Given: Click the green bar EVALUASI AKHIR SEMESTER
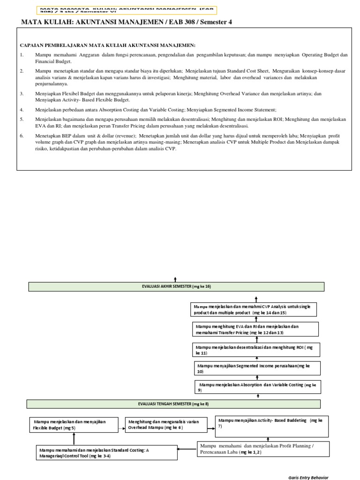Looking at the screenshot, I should pos(176,287).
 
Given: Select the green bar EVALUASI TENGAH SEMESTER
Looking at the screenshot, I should pos(173,404).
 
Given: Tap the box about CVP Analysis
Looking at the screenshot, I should pos(255,309).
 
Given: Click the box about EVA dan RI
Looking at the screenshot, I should pos(255,329).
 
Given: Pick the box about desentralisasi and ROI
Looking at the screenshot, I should pos(256,350).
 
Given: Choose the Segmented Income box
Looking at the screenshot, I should pos(257,368).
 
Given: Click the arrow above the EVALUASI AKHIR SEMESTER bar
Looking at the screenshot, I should pos(176,279).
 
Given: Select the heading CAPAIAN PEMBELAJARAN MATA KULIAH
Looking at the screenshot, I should pos(107,45).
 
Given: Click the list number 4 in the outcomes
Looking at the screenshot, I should pos(22,109).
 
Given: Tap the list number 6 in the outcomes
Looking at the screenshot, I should pos(22,135).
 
